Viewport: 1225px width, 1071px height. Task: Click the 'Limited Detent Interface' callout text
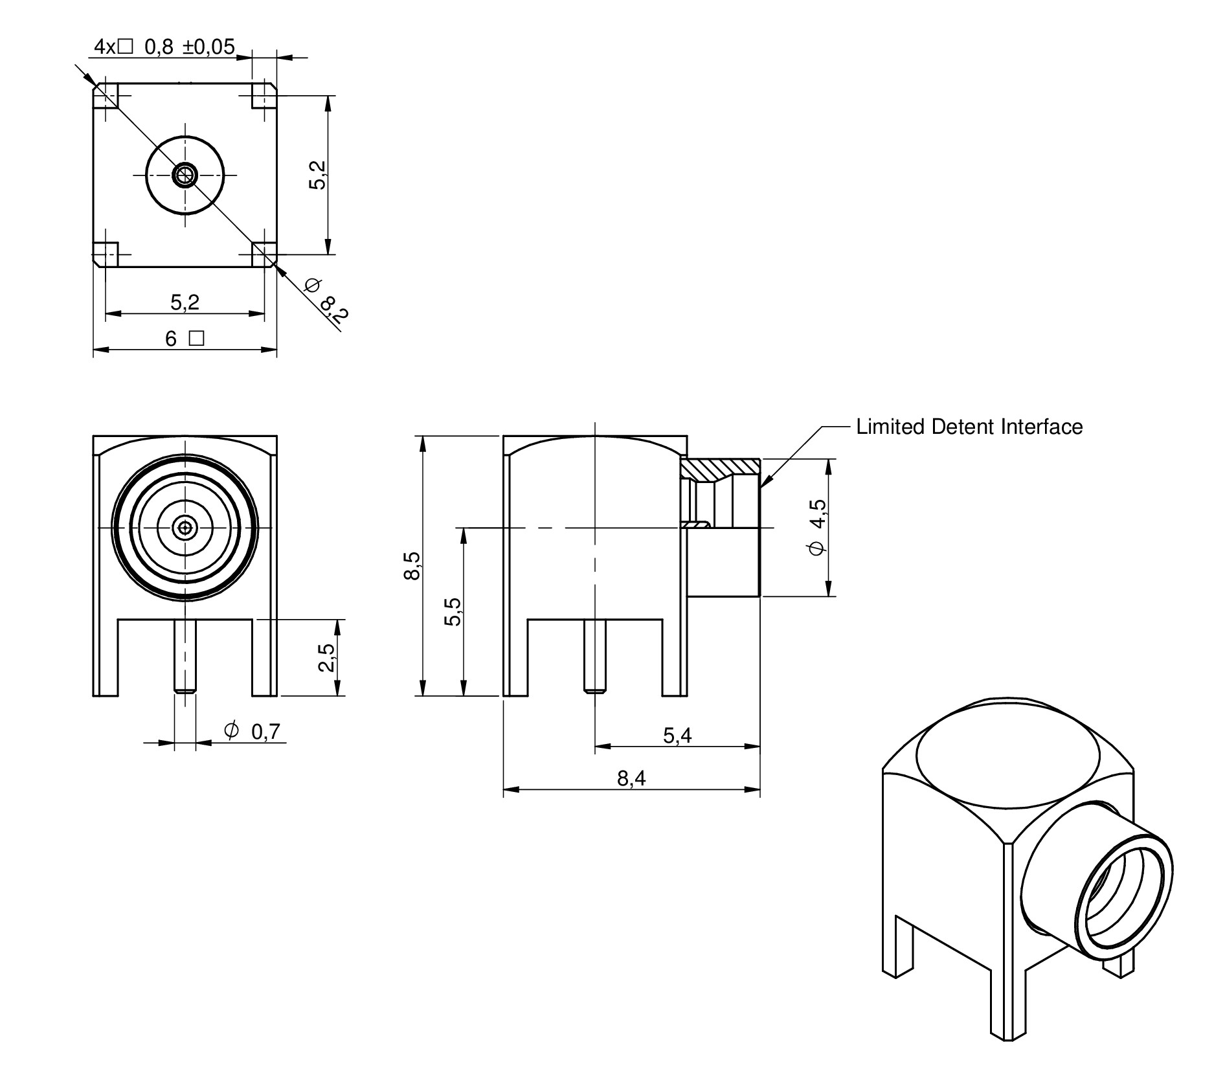[x=969, y=427]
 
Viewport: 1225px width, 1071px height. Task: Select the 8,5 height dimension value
[x=412, y=567]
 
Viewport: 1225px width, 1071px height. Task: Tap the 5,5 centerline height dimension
[x=453, y=612]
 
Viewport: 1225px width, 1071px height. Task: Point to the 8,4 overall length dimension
[x=631, y=778]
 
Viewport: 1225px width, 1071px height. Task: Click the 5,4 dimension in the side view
[x=677, y=736]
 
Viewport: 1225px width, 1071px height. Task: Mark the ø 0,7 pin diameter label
[x=252, y=731]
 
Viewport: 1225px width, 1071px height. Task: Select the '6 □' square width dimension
[x=185, y=339]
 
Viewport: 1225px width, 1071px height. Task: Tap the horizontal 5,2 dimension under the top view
[x=185, y=302]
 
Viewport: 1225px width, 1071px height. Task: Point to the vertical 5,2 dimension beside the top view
[x=318, y=175]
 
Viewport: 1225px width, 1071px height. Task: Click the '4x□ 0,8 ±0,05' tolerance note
[x=164, y=47]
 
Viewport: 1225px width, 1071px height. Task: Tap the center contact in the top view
[x=185, y=175]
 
